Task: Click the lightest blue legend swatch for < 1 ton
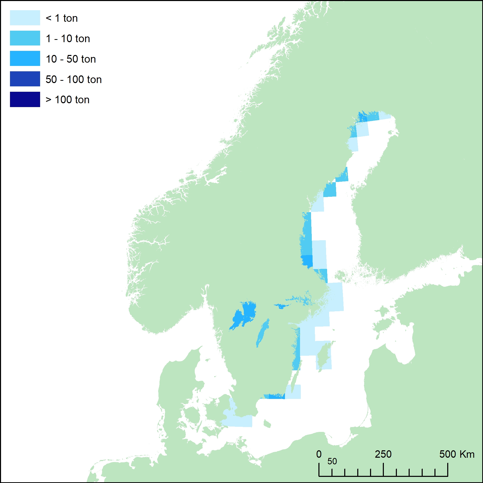[x=25, y=18]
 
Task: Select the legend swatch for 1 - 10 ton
[x=25, y=38]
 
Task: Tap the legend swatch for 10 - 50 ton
[x=25, y=59]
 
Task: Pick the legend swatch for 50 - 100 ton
[x=25, y=79]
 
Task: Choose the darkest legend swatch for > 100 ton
[x=25, y=99]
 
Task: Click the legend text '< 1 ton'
[x=62, y=18]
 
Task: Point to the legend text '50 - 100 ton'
[x=74, y=79]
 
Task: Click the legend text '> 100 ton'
[x=67, y=100]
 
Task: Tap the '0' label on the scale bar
[x=319, y=454]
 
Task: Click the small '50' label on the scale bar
[x=332, y=461]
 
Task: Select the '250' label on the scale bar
[x=383, y=454]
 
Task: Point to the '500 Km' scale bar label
[x=457, y=454]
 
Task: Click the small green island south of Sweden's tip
[x=267, y=423]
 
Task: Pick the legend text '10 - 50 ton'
[x=71, y=59]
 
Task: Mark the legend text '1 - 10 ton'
[x=68, y=39]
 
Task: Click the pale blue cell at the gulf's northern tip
[x=385, y=116]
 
